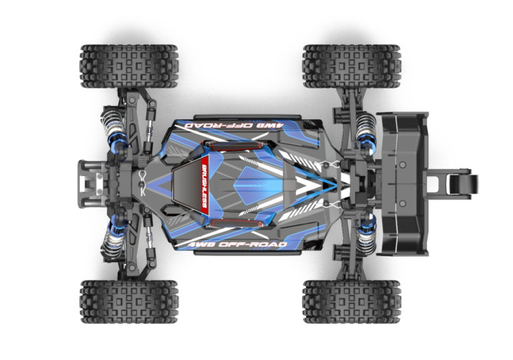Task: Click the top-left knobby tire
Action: click(128, 66)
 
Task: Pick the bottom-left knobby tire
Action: click(128, 301)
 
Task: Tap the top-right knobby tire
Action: click(351, 66)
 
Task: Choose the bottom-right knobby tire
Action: click(351, 301)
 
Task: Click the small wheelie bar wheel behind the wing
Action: click(467, 184)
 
